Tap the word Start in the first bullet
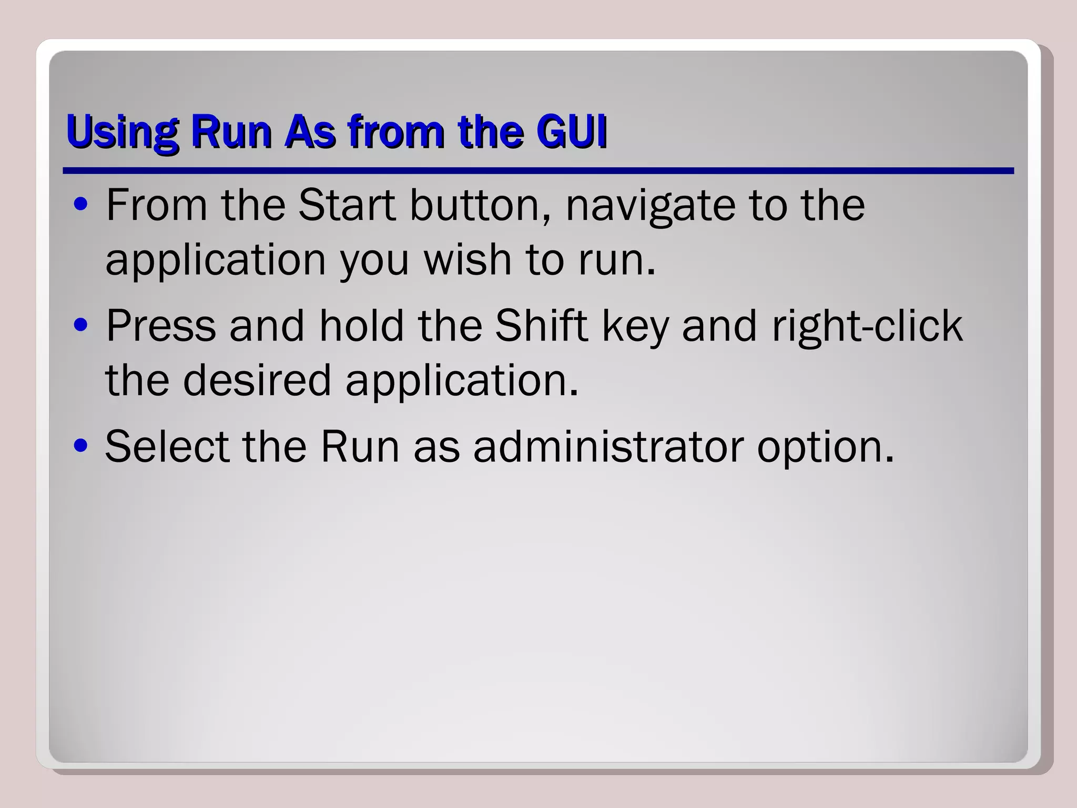[347, 205]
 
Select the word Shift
[541, 325]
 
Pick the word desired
[257, 379]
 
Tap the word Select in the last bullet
[167, 446]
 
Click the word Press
[161, 326]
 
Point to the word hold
[361, 325]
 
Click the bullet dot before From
[80, 206]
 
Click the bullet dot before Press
[80, 326]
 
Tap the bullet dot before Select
[80, 446]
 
